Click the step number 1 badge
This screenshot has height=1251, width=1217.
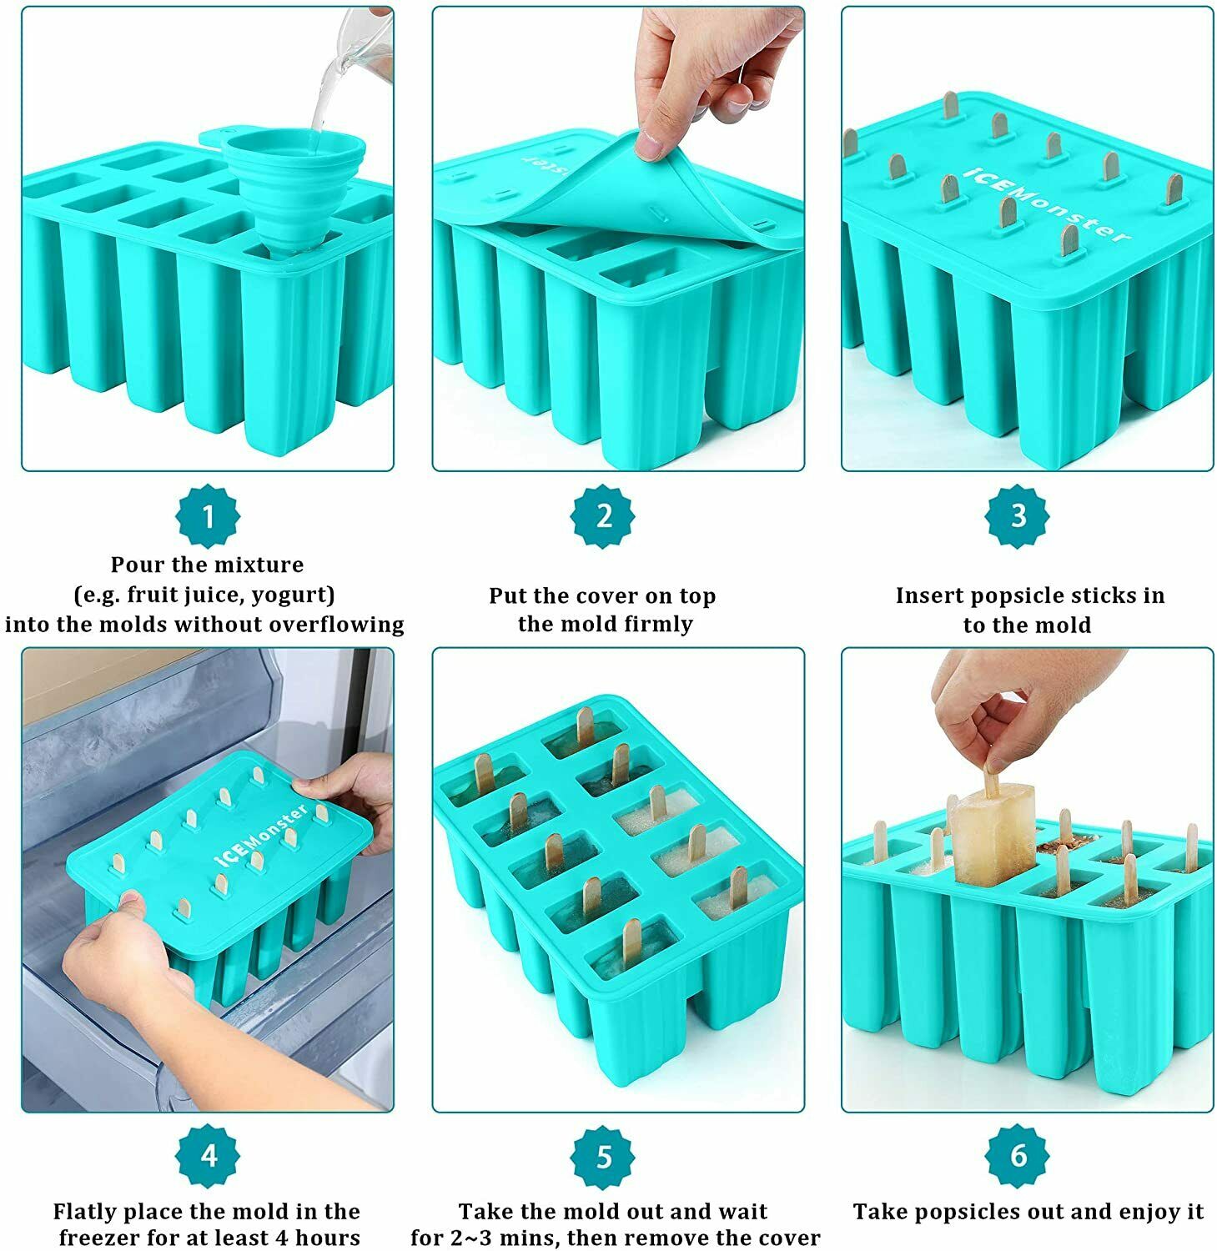pos(208,517)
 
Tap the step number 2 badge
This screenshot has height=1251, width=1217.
pos(603,516)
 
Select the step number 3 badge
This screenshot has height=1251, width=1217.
pos(1018,516)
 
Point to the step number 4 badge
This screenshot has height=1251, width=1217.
pos(208,1156)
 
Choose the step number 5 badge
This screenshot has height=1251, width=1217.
pos(603,1157)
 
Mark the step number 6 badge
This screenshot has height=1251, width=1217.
pos(1018,1156)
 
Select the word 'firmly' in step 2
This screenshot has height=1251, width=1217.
pos(656,625)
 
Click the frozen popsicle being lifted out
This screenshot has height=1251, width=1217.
pos(993,834)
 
